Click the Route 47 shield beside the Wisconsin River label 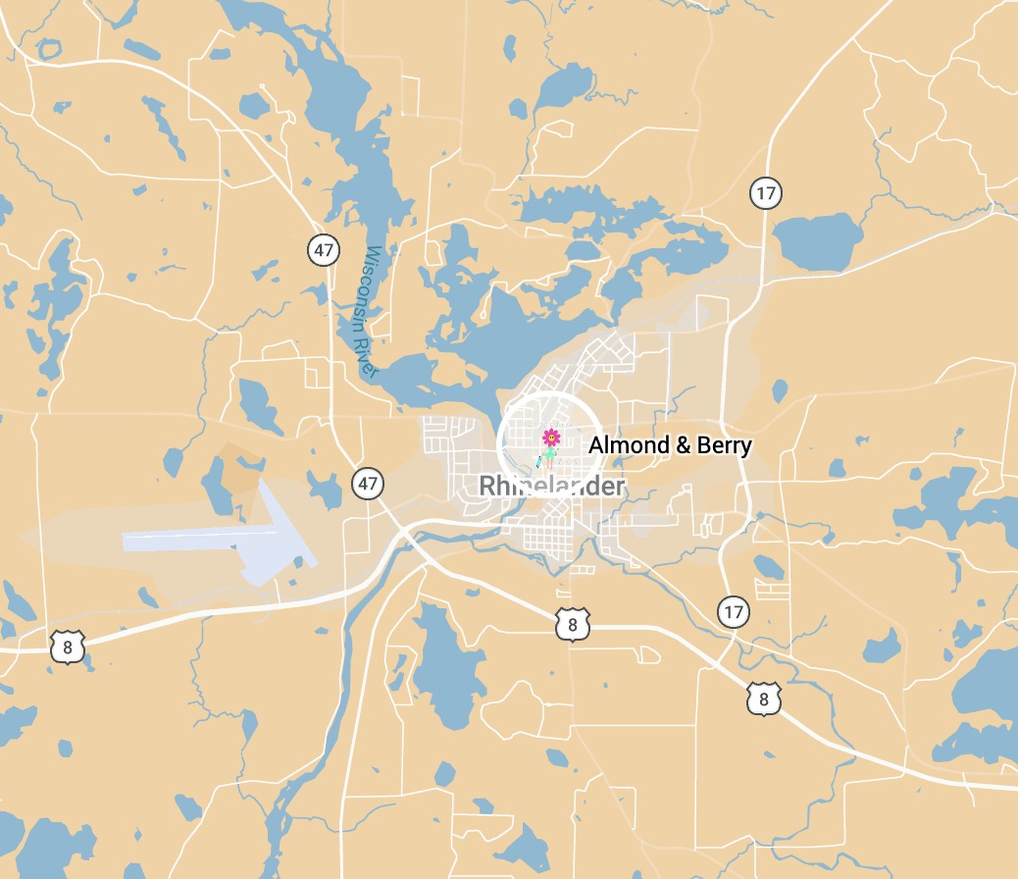coord(324,249)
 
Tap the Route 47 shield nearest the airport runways coord(368,483)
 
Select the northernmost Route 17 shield coord(765,192)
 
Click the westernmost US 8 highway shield coord(67,646)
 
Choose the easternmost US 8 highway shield coord(764,698)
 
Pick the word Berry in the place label coord(725,446)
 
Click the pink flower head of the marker coord(551,437)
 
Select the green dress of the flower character coord(551,452)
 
